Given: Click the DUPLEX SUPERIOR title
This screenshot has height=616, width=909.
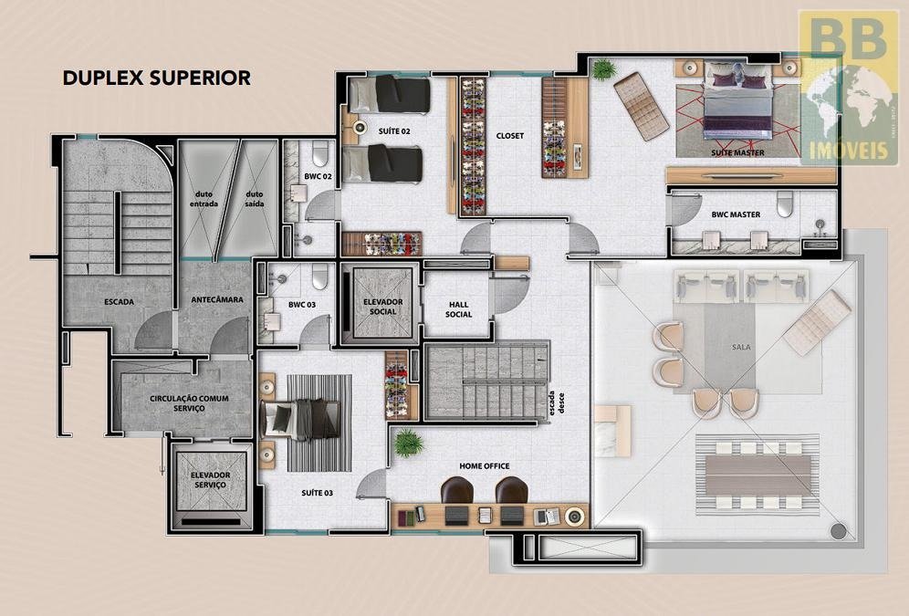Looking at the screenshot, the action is (x=157, y=78).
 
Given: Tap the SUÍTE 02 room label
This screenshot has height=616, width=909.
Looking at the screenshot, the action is (x=394, y=131).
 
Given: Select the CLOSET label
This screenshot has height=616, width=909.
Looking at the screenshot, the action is (x=510, y=136).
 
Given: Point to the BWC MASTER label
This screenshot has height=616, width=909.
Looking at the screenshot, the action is (x=736, y=214).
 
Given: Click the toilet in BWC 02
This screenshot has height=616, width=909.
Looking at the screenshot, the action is (x=320, y=153).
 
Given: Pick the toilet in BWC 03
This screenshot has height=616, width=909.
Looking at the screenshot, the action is (x=320, y=277).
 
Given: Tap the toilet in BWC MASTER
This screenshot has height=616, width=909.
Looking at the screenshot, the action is (x=784, y=204).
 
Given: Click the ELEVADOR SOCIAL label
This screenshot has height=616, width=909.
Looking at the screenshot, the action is (x=382, y=307).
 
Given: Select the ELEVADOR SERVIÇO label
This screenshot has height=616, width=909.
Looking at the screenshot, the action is (x=211, y=480).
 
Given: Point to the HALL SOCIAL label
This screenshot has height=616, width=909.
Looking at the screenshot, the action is (x=458, y=309).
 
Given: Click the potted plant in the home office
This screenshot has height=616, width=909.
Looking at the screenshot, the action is (x=409, y=444).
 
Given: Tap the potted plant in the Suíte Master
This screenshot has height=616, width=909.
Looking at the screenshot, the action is (x=603, y=69).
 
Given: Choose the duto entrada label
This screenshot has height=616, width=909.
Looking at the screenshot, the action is (x=204, y=199).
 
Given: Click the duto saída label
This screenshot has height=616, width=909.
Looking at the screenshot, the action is (x=255, y=199).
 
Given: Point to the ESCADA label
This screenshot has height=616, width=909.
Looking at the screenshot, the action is (x=119, y=302).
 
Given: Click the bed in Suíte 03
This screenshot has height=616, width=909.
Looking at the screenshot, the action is (x=300, y=420).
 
